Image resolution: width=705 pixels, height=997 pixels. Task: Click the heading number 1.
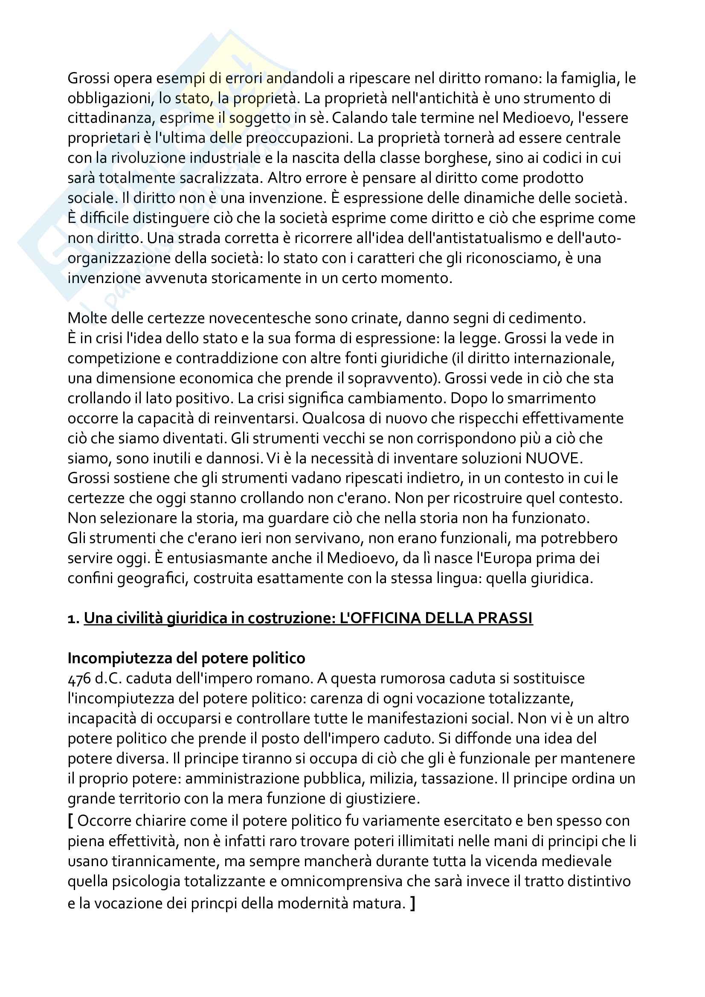72,619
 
